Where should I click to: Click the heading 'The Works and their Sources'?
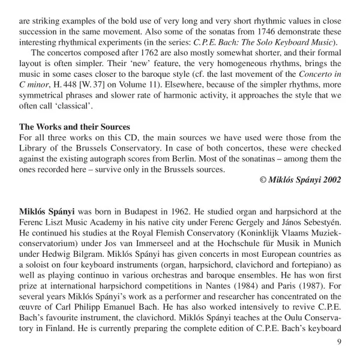tap(74, 127)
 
